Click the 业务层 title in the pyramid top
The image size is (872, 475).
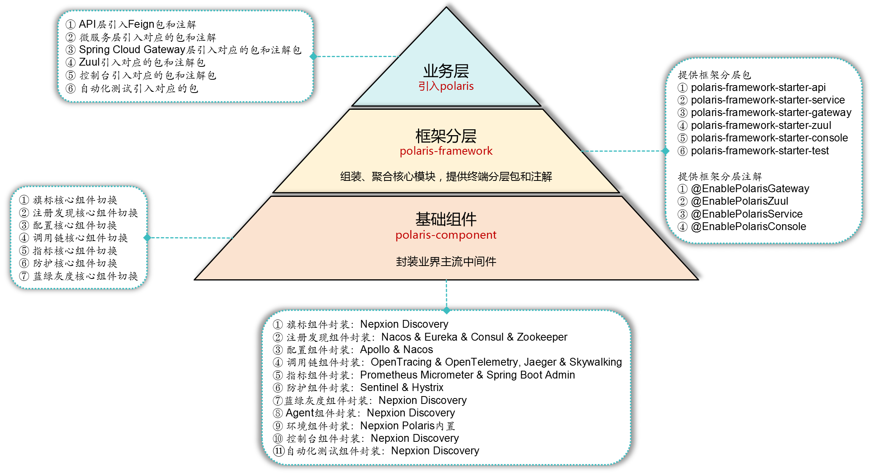click(446, 71)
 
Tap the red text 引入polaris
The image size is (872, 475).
click(446, 86)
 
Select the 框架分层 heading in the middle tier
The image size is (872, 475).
click(446, 136)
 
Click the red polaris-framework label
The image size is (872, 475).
click(446, 151)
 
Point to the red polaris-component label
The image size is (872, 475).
click(446, 235)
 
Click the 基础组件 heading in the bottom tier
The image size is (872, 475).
click(446, 219)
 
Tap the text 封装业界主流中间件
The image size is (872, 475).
click(446, 262)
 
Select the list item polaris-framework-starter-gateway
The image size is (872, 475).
click(771, 112)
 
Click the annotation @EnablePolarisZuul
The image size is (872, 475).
click(739, 201)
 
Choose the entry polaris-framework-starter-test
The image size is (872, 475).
click(759, 151)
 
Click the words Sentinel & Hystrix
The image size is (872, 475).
click(402, 387)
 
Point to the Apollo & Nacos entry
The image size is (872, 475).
click(397, 350)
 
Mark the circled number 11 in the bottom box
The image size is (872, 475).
click(278, 451)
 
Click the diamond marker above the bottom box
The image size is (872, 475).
click(447, 311)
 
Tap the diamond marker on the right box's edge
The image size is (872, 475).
click(666, 151)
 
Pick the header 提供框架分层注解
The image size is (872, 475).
click(719, 177)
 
